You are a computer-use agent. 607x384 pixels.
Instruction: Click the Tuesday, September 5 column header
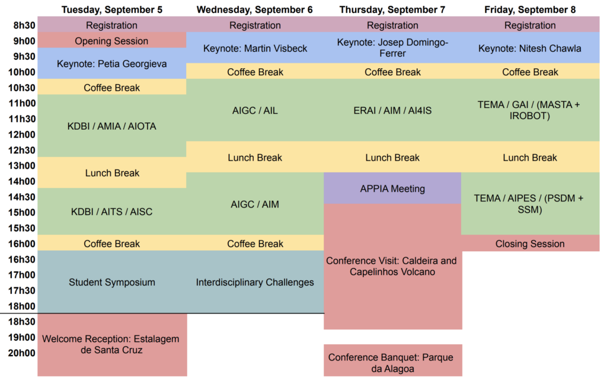point(112,9)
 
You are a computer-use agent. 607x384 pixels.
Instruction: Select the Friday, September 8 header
point(530,9)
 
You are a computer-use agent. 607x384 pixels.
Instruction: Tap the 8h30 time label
point(24,25)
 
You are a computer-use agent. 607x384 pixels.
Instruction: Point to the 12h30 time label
point(22,150)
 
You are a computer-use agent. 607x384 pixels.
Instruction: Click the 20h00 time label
point(22,353)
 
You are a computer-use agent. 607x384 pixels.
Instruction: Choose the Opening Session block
point(112,40)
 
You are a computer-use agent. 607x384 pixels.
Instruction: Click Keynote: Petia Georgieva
point(112,63)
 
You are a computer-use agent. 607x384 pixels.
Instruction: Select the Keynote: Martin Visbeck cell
point(255,48)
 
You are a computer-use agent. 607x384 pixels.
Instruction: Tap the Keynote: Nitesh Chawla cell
point(530,48)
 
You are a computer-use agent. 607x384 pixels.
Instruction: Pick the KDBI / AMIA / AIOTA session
point(112,126)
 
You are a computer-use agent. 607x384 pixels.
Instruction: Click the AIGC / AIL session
point(255,110)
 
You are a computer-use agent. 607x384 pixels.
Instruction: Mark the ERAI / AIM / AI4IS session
point(392,110)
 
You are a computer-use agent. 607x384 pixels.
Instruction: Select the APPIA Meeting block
point(392,188)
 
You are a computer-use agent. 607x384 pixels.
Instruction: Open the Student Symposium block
point(112,282)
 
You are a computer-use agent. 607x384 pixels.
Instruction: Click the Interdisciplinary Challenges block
point(255,282)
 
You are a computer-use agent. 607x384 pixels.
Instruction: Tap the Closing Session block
point(530,244)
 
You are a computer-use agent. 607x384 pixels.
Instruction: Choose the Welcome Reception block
point(112,344)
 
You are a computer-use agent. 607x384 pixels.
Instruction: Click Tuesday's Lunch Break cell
point(112,172)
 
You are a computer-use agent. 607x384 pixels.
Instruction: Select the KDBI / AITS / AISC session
point(112,212)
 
